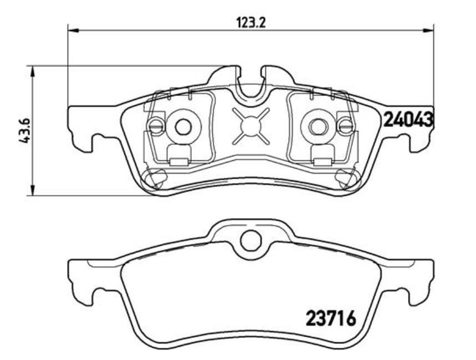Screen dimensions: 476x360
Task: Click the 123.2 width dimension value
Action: pos(251,22)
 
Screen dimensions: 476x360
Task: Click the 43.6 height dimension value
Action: pos(24,131)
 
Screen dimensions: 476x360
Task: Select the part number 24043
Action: pos(408,119)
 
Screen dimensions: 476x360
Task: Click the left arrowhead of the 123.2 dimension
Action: pos(73,30)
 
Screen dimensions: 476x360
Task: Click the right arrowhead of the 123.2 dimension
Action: pos(428,30)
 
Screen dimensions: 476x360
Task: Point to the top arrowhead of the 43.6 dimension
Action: pos(32,71)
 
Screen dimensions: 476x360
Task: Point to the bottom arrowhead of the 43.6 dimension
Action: pos(32,190)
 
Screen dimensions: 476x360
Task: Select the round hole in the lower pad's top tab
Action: pos(251,241)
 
